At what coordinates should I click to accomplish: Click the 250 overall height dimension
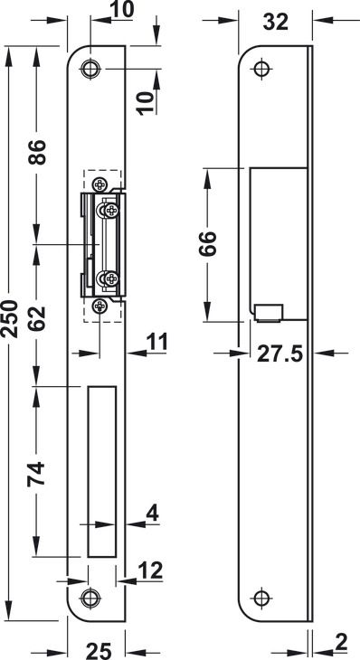(10, 318)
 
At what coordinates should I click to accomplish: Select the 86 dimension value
(36, 152)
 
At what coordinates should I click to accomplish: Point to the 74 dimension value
(36, 474)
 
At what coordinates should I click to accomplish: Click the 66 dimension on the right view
(207, 243)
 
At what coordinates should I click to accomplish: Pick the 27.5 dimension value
(280, 354)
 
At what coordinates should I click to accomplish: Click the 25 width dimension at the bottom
(99, 651)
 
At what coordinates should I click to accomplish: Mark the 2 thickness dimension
(341, 642)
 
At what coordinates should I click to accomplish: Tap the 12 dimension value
(149, 570)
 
